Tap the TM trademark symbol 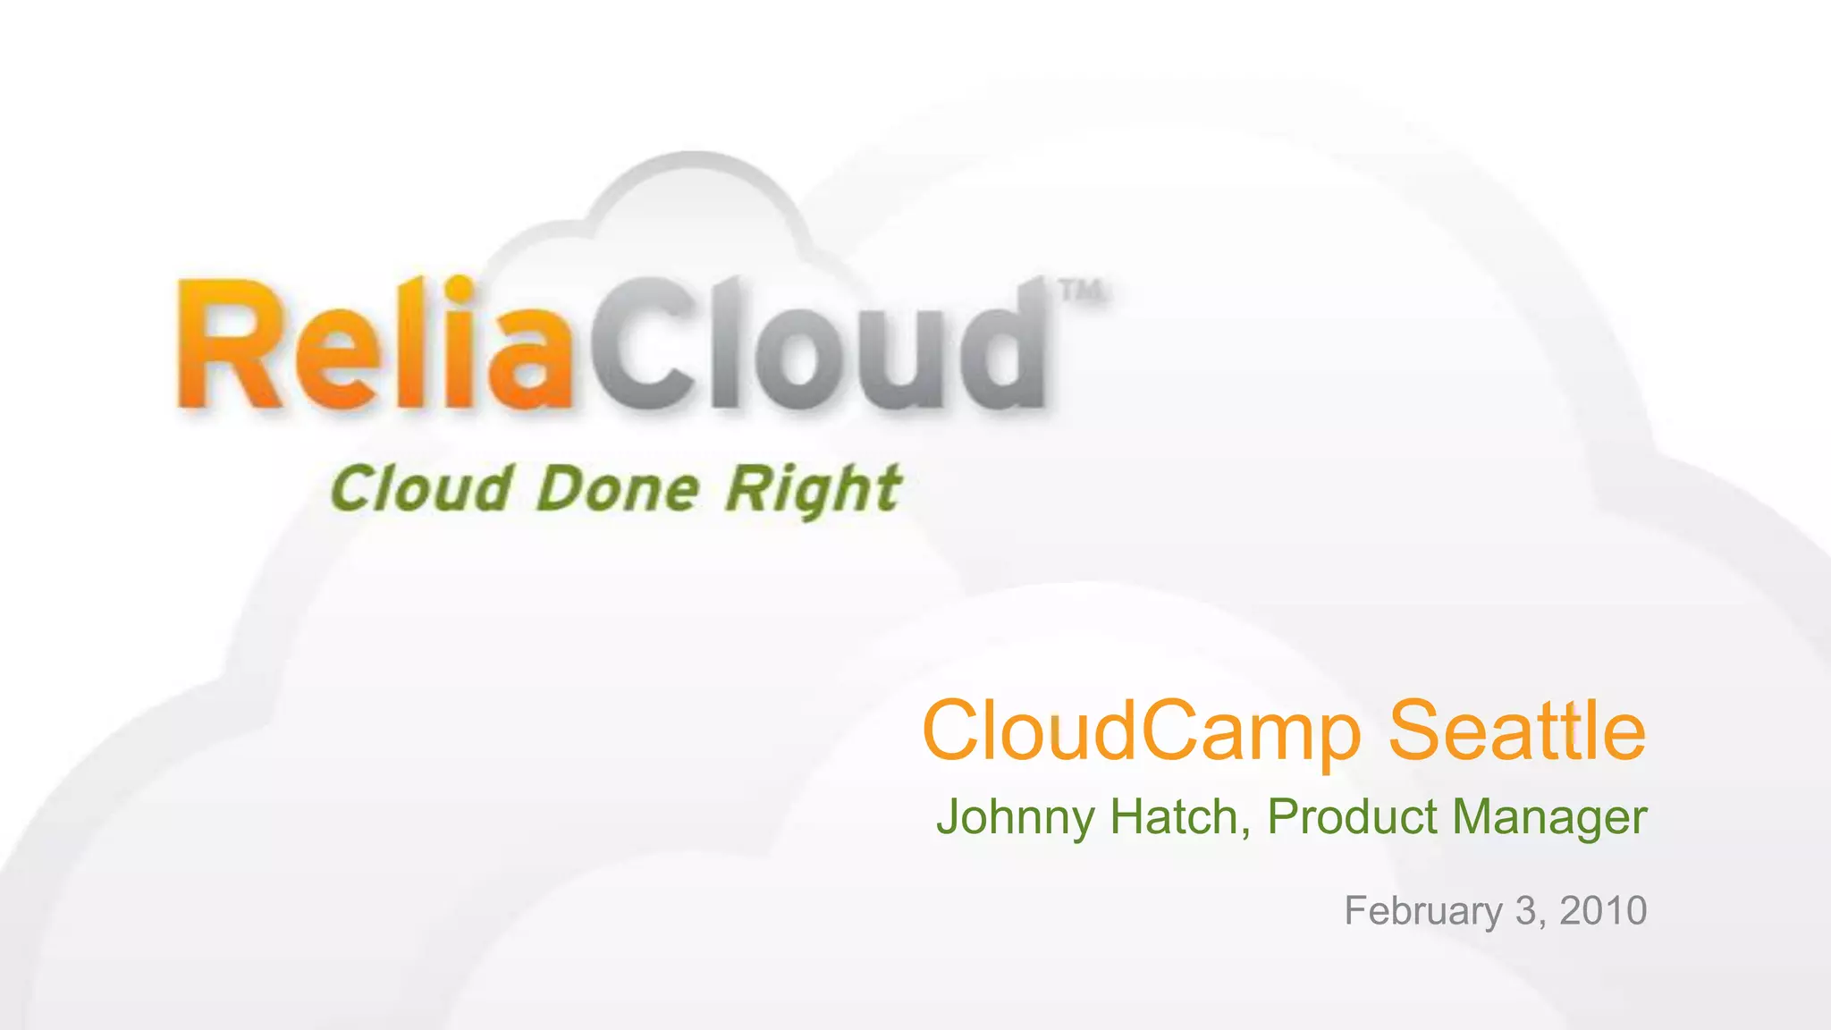click(x=1081, y=291)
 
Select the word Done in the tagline click(x=618, y=490)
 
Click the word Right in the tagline click(x=812, y=492)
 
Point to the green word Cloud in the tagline click(x=422, y=490)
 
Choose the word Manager click(x=1549, y=818)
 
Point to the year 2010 click(x=1603, y=910)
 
